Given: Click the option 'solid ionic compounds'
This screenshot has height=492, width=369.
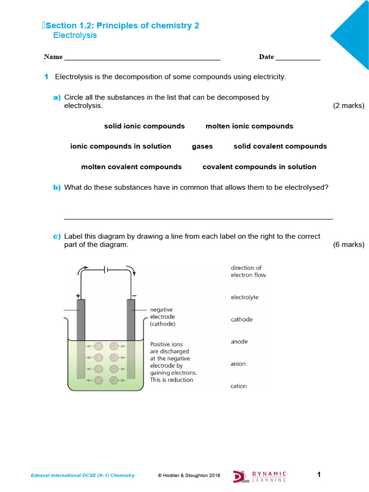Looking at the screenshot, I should click(144, 126).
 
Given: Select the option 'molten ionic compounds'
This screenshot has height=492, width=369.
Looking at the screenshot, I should click(249, 126).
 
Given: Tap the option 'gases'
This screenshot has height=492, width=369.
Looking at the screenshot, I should click(202, 146).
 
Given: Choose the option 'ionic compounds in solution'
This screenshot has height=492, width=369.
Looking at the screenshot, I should click(121, 146).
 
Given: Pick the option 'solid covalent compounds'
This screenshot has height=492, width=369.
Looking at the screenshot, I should click(280, 146).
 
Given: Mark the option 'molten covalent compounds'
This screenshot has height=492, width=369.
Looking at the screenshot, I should click(131, 167).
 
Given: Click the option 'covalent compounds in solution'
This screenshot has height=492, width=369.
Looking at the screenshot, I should click(259, 167).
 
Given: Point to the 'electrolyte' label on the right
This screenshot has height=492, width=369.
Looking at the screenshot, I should click(245, 297).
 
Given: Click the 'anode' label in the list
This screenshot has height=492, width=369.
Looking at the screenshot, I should click(239, 342).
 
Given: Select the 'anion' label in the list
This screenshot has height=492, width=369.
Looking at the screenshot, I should click(238, 364).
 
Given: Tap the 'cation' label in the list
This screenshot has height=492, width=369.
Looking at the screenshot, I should click(239, 386).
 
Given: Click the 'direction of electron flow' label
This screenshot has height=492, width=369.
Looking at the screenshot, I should click(248, 271).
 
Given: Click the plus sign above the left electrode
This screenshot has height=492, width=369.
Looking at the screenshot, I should click(77, 296).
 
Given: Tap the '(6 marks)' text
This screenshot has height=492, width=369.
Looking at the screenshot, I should click(348, 245).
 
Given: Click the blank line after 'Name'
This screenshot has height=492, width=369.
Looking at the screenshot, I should click(142, 58).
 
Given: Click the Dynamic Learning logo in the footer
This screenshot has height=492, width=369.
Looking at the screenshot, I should click(260, 476).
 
